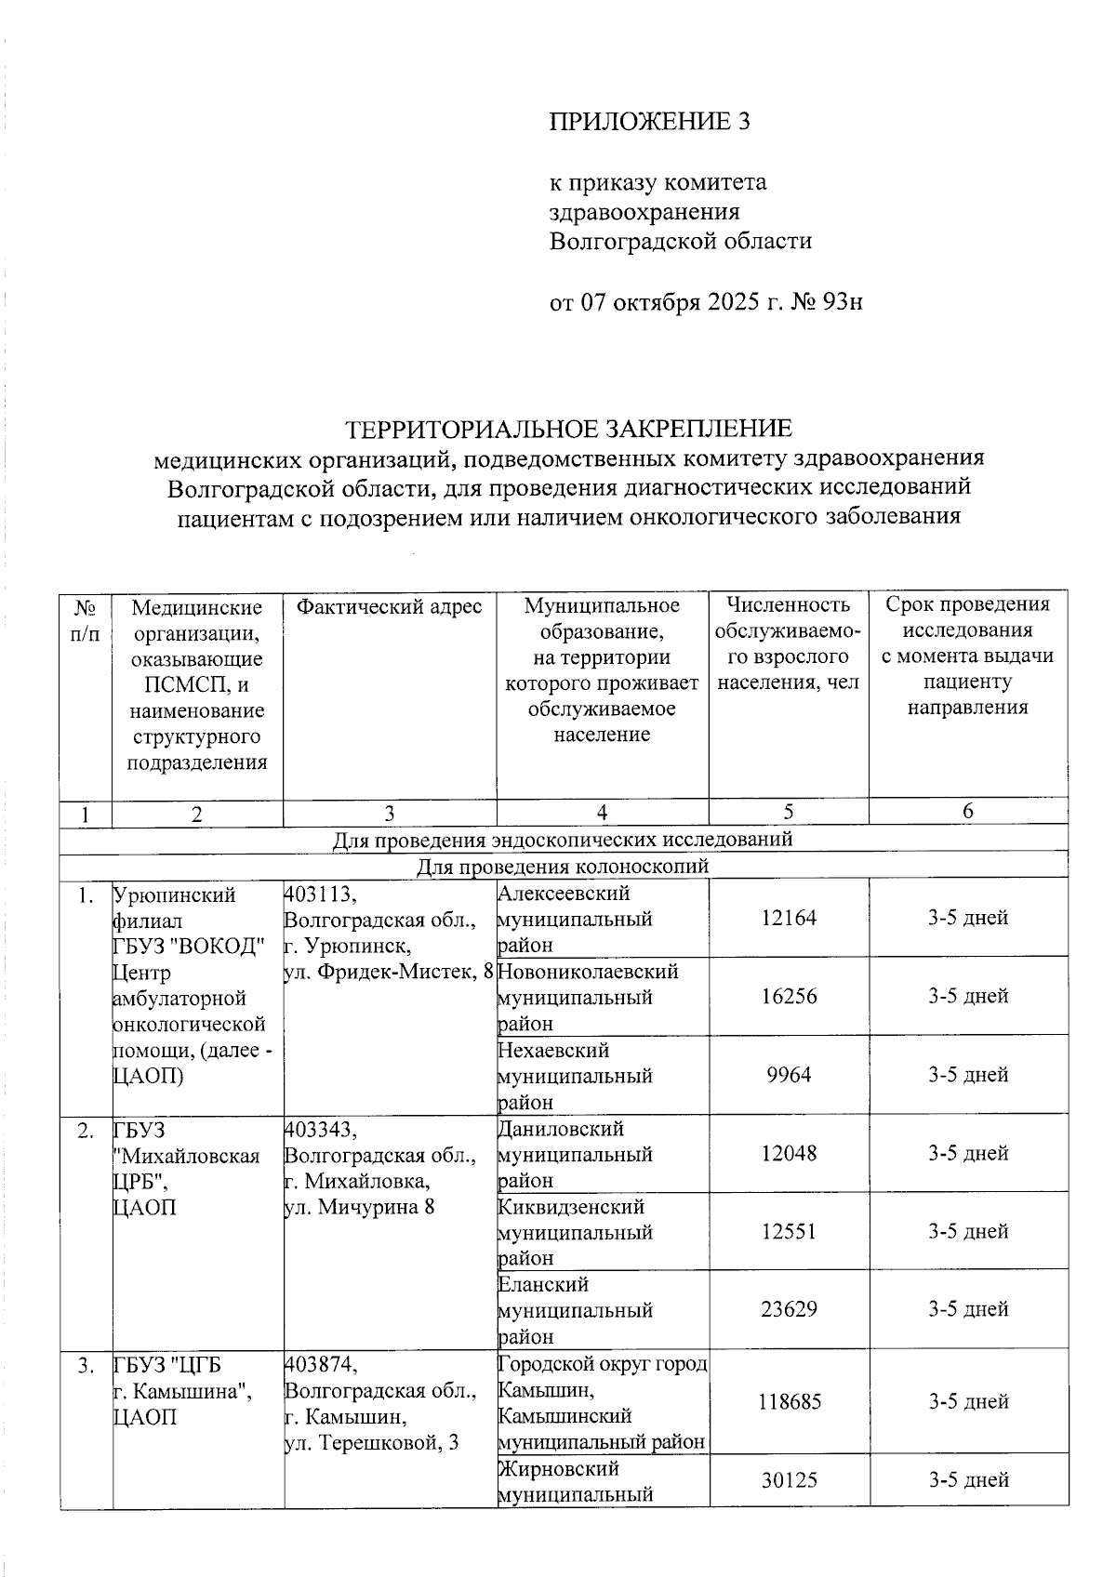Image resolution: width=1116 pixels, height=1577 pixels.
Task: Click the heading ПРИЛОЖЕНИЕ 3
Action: pyautogui.click(x=648, y=122)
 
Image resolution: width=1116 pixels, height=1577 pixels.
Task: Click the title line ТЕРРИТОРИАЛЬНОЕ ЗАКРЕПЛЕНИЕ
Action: pyautogui.click(x=568, y=429)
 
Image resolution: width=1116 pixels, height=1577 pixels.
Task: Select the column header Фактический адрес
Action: pyautogui.click(x=389, y=607)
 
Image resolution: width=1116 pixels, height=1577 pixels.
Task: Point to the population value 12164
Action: pyautogui.click(x=789, y=919)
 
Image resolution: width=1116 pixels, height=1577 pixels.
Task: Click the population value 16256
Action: pyautogui.click(x=789, y=997)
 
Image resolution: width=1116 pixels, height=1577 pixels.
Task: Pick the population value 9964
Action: pyautogui.click(x=789, y=1075)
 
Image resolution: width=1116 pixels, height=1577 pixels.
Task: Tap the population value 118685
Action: pyautogui.click(x=790, y=1401)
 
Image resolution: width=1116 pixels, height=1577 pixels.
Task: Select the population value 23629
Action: pyautogui.click(x=789, y=1309)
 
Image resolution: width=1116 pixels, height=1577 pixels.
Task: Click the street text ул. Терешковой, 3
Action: pyautogui.click(x=372, y=1443)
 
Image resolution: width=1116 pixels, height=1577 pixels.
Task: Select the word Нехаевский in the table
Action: pyautogui.click(x=553, y=1050)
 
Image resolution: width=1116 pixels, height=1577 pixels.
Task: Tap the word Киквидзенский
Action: pyautogui.click(x=571, y=1207)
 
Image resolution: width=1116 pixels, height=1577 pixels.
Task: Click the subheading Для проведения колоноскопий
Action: pyautogui.click(x=562, y=867)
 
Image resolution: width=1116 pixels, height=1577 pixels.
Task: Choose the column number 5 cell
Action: pyautogui.click(x=789, y=812)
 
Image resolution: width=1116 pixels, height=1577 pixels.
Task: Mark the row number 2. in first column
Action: pyautogui.click(x=86, y=1131)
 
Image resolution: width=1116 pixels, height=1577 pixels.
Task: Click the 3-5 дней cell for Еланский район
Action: pyautogui.click(x=967, y=1309)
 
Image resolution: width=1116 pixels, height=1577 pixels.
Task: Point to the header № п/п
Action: pyautogui.click(x=86, y=620)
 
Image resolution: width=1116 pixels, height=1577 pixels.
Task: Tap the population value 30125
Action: pyautogui.click(x=789, y=1479)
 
